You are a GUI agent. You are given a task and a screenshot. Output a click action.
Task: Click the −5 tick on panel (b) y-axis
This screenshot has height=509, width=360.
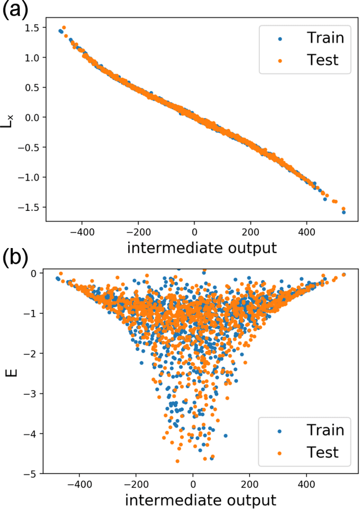[x=34, y=474]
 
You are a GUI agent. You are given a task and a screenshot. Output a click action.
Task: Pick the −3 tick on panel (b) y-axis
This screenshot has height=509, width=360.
[x=34, y=394]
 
